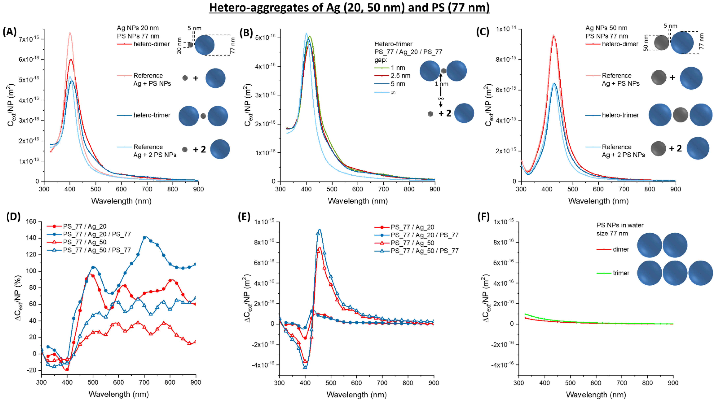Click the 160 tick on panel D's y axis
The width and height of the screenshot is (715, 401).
[31, 221]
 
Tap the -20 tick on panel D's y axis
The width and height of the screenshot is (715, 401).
[31, 370]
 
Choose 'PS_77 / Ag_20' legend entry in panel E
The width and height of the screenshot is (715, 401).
[412, 227]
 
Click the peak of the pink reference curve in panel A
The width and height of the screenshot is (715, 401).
[70, 33]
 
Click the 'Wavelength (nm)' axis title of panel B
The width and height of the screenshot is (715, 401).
[357, 201]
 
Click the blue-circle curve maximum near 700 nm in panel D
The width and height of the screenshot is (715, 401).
[144, 237]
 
